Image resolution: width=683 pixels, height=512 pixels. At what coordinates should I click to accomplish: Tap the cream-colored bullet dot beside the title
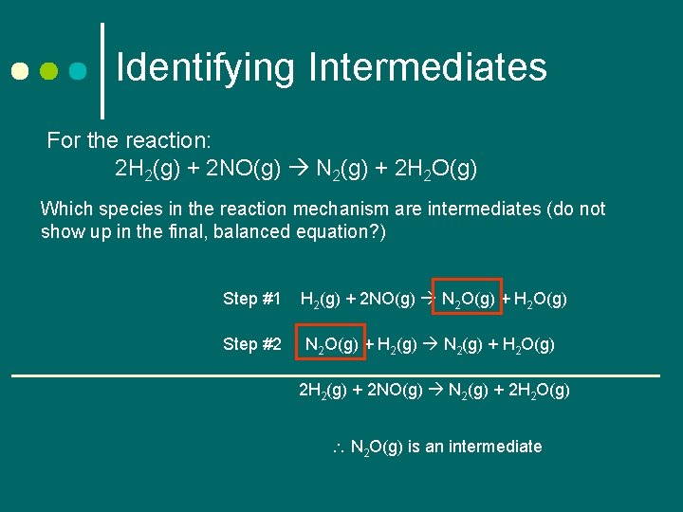(20, 71)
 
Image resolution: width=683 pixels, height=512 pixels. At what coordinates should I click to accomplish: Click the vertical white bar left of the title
(102, 64)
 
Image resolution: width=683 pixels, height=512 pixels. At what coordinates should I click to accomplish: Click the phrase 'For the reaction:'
(129, 141)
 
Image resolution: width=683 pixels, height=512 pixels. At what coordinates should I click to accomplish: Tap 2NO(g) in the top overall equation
(243, 170)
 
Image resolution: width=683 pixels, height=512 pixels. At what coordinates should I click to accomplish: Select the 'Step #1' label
(252, 299)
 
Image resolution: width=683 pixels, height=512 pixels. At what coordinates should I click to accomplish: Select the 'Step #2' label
(252, 344)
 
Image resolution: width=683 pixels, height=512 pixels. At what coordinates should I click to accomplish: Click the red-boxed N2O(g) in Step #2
(330, 345)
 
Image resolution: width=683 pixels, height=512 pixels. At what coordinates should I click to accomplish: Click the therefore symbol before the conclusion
(339, 447)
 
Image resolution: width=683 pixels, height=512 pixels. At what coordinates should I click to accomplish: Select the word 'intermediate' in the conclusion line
(494, 447)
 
